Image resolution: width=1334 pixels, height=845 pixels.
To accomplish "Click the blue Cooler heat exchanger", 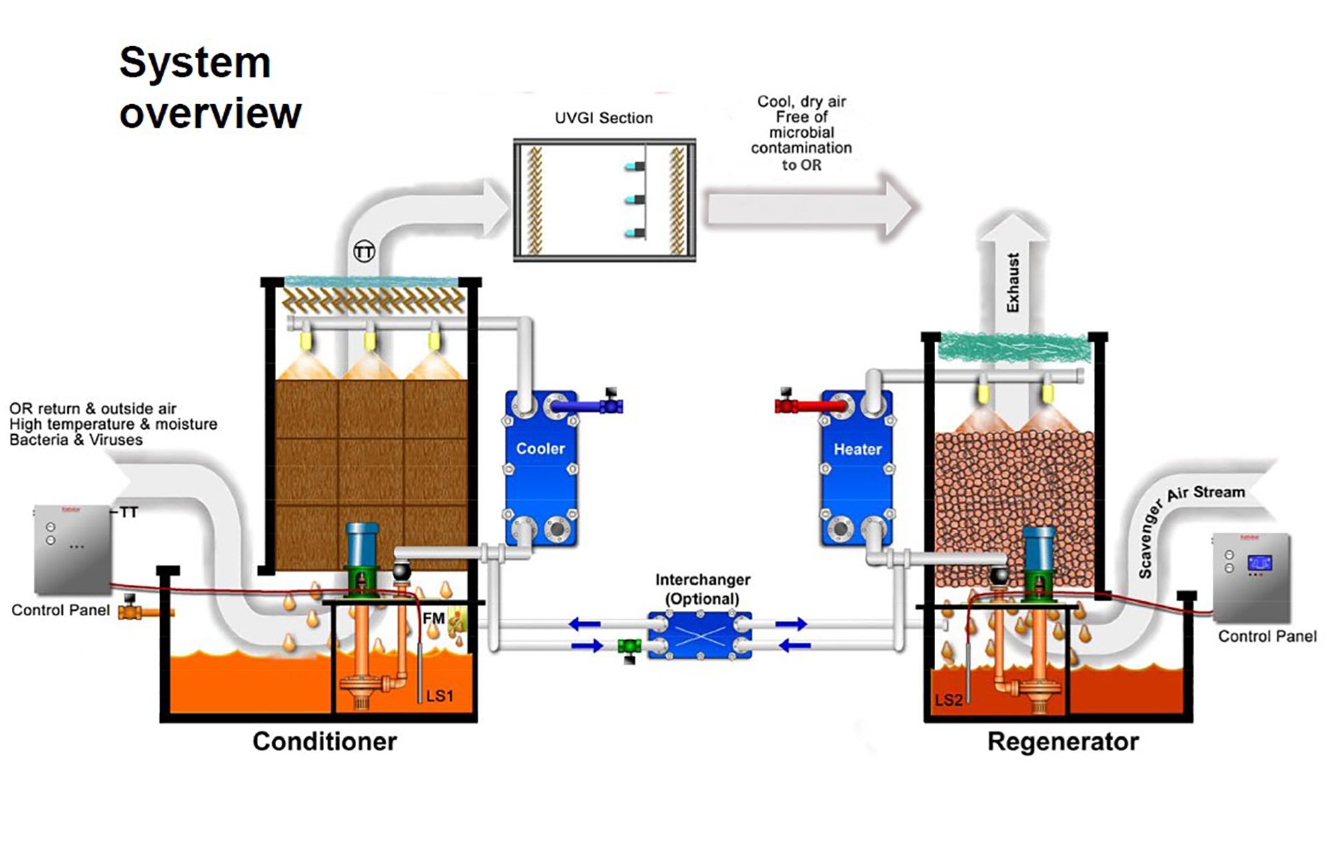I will (x=541, y=467).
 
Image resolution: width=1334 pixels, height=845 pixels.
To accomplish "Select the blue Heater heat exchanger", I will (x=857, y=467).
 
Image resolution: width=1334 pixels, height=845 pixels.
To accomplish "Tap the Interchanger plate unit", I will (x=700, y=636).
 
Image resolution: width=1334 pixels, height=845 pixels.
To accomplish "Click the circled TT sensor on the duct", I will (x=364, y=251).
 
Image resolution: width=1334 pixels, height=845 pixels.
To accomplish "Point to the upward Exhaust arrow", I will (x=1013, y=273).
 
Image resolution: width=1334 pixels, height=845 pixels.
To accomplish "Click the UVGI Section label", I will (x=604, y=118).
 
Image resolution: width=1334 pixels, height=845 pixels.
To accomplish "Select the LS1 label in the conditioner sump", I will (x=440, y=696).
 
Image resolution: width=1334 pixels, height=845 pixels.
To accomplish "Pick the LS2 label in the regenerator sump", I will (x=948, y=700).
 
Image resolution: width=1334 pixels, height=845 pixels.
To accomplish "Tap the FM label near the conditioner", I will (x=434, y=618).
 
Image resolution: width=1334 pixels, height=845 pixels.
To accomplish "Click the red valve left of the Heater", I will (x=787, y=404).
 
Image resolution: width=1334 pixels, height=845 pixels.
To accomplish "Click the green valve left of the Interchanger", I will (x=629, y=646).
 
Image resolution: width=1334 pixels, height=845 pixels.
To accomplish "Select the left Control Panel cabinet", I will (x=72, y=549).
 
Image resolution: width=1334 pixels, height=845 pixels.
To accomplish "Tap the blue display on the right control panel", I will (x=1259, y=562).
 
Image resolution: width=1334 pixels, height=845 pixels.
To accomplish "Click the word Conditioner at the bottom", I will (x=325, y=742).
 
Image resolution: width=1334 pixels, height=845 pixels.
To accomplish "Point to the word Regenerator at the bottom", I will (x=1063, y=742).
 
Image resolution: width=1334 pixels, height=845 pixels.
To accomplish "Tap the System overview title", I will (x=209, y=87).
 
